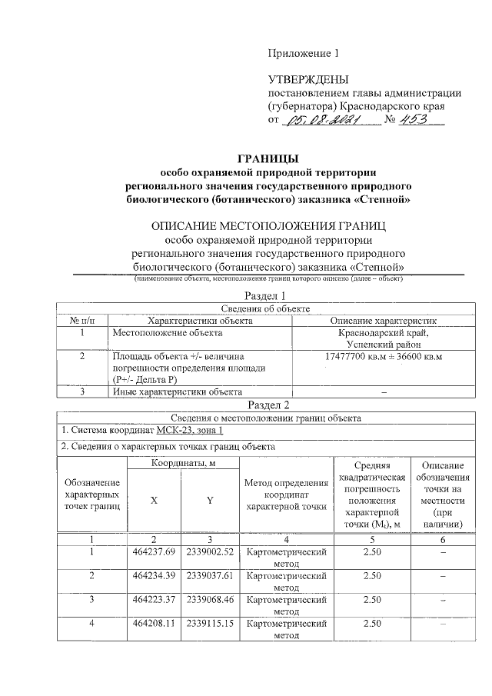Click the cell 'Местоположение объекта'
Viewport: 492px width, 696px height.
tap(168, 333)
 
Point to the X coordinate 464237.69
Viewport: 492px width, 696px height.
tap(155, 552)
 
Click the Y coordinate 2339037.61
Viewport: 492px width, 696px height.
tap(210, 575)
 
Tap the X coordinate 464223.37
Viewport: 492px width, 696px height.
tap(155, 598)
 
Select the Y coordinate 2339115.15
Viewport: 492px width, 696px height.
tap(210, 623)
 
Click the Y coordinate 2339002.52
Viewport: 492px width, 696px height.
tap(210, 552)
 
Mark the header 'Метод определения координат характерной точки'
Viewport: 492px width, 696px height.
tap(286, 494)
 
